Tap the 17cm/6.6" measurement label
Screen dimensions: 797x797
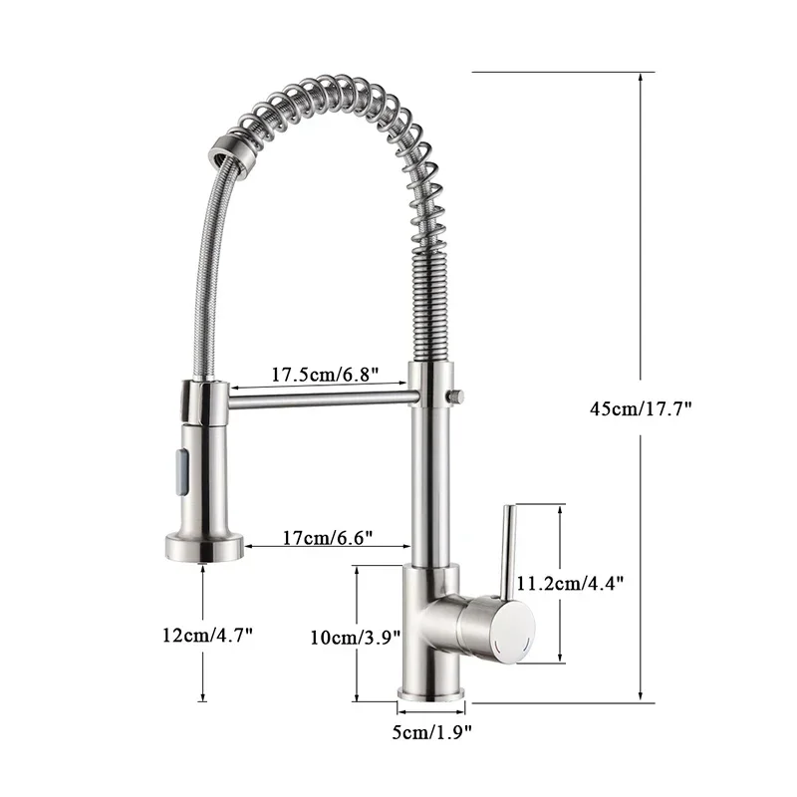pos(327,538)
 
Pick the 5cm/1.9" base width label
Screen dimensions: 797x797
pos(431,733)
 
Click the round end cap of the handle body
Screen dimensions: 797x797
pos(514,631)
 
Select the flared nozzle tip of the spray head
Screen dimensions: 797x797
pos(203,546)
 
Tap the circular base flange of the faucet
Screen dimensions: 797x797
pos(432,693)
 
